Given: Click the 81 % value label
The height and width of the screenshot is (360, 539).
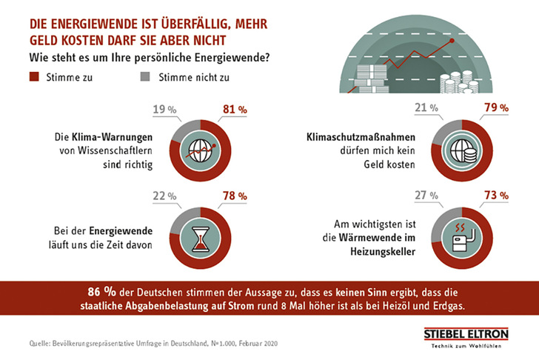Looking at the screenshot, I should coord(233,110).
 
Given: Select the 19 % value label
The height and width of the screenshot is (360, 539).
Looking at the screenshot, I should coord(166,110).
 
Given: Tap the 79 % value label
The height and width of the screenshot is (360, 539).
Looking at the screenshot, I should coord(495,108).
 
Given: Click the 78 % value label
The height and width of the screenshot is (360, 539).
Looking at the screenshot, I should coord(234,196).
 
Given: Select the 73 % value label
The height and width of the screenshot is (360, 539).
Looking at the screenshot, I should coord(495,196).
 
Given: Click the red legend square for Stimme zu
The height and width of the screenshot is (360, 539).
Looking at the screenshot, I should coord(33,76).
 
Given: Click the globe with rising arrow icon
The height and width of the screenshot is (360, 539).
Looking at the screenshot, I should coord(201,148).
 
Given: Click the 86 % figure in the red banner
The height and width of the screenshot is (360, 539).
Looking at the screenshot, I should coord(101,290).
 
